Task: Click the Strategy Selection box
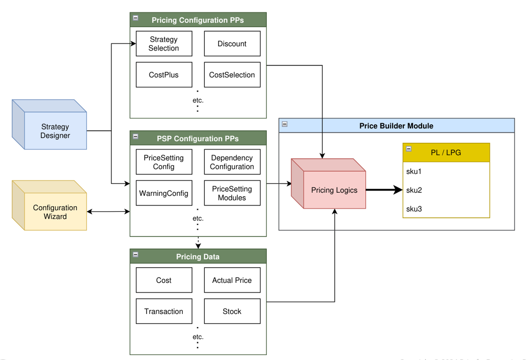coord(164,44)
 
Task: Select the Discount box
coord(232,44)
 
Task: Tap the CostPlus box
coord(164,75)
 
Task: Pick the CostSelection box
coord(232,75)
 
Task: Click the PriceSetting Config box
coord(164,162)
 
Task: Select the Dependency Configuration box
coord(232,162)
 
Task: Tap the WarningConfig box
coord(164,193)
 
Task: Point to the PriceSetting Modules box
coord(232,193)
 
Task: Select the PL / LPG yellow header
coord(446,153)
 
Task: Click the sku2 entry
coord(414,190)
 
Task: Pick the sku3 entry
coord(414,209)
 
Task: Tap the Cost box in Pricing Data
coord(164,280)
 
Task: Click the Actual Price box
coord(232,280)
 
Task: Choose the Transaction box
coord(164,311)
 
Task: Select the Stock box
coord(232,311)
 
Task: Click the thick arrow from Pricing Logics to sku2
coord(384,190)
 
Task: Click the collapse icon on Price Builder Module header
coord(285,124)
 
